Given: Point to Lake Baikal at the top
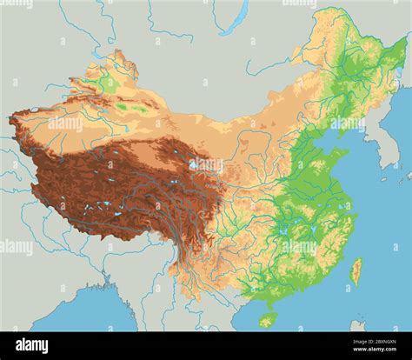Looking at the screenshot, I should (234, 17).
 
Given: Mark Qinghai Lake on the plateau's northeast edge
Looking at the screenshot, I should (193, 163).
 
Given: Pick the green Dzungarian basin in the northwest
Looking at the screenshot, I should (109, 83).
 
